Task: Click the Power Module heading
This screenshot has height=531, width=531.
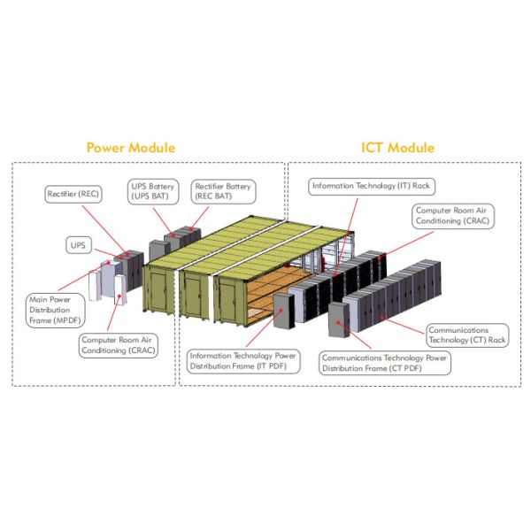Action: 131,148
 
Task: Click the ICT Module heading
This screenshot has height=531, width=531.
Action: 397,148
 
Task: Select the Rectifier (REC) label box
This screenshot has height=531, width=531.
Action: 73,194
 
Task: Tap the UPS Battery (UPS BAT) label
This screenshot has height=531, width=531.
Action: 153,192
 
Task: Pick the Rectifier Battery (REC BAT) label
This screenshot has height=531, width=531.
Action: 223,192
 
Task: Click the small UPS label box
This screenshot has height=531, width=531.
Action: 78,245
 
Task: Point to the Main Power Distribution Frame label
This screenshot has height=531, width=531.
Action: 55,311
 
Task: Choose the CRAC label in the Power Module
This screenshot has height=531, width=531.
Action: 119,345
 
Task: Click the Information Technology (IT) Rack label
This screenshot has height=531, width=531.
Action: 372,186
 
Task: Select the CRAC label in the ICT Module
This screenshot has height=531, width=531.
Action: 453,216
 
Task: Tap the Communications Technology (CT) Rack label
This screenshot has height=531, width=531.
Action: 467,335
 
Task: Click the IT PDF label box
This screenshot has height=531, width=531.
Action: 243,361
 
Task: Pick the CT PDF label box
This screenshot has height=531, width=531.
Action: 385,363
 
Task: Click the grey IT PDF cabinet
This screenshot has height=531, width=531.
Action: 284,311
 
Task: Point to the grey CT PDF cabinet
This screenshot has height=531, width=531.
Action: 339,319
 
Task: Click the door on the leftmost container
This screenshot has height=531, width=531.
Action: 158,292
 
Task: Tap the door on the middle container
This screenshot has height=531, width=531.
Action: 193,296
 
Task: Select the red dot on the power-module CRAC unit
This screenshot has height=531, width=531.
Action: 119,296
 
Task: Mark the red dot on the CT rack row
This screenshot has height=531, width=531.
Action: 381,318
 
